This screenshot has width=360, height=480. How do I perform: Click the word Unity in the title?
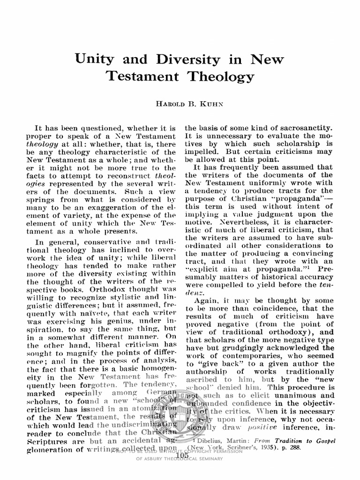tap(95, 60)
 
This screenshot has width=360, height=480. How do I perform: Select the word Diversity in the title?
tap(178, 60)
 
